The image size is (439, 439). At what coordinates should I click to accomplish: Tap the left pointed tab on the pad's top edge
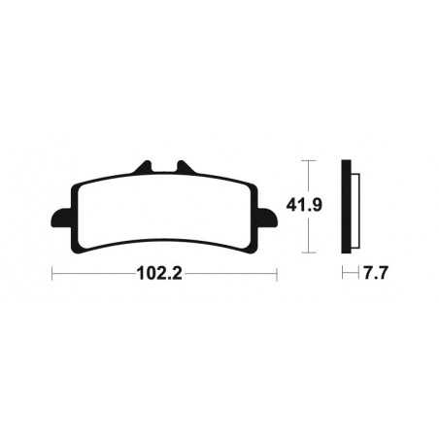coord(146,166)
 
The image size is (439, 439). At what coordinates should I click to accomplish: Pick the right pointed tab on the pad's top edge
coord(181,166)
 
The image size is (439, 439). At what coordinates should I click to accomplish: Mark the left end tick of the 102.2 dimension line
coord(51,274)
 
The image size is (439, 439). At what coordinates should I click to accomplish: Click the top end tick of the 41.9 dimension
coord(307,159)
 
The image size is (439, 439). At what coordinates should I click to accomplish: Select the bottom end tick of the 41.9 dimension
coord(307,253)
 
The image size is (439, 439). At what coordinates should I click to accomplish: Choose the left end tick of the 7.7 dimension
coord(344,274)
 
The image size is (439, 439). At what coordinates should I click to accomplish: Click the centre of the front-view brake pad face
coord(164,211)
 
